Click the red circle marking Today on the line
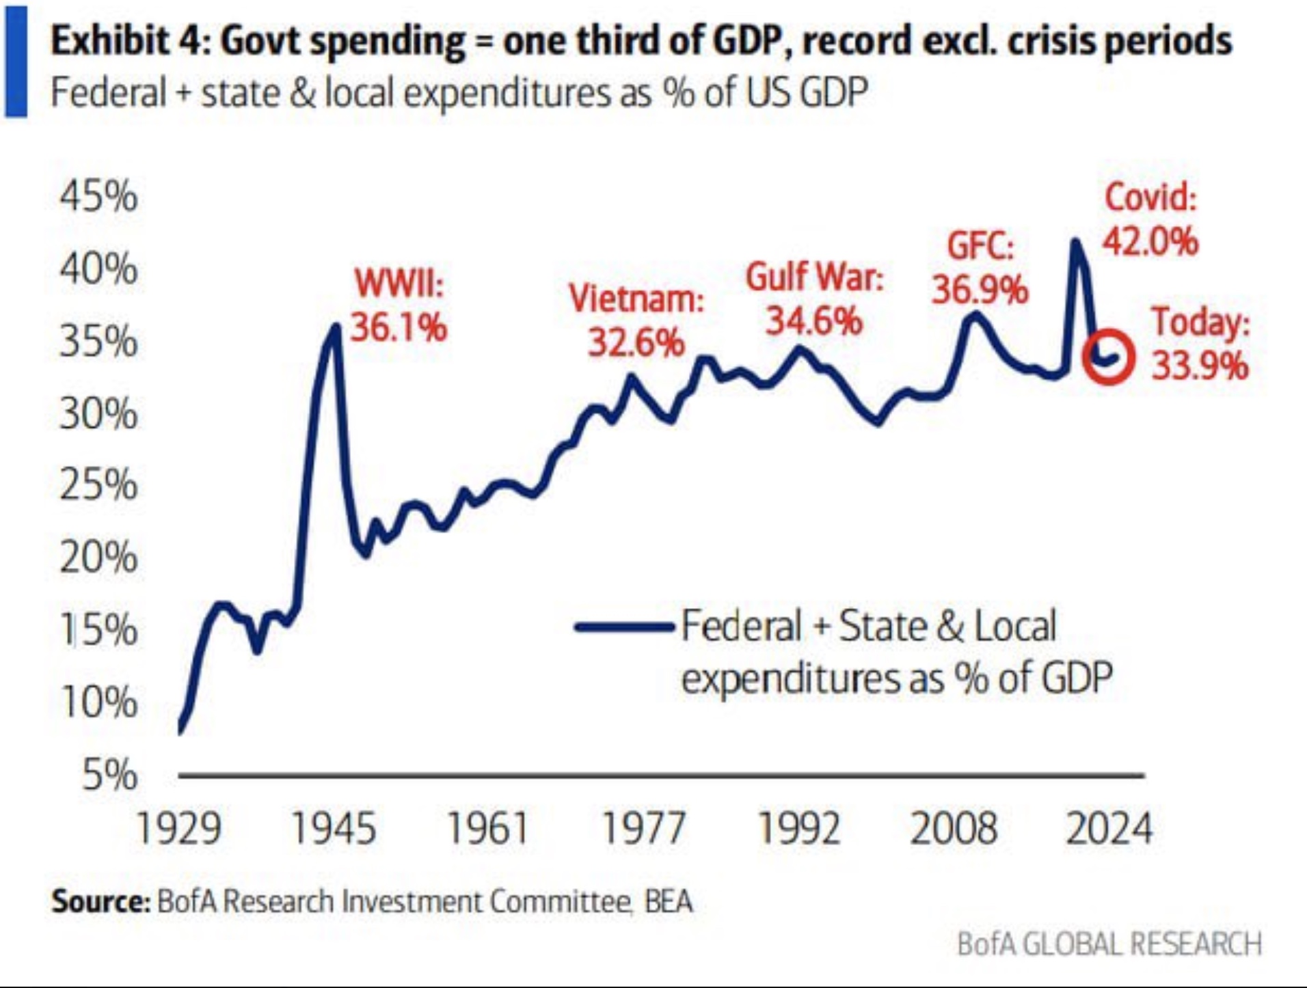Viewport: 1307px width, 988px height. click(1109, 356)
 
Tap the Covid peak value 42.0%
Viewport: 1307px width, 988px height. click(1150, 241)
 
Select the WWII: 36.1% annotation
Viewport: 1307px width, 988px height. click(399, 305)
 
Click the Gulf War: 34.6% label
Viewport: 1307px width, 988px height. click(814, 299)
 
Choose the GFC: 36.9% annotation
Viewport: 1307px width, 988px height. click(980, 267)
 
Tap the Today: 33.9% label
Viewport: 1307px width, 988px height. click(1200, 343)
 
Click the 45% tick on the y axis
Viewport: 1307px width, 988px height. click(98, 197)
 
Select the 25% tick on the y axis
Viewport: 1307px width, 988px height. click(98, 485)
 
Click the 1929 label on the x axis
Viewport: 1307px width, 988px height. click(178, 829)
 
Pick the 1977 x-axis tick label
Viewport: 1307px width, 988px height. click(643, 829)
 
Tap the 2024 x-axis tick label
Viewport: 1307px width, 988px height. click(1109, 829)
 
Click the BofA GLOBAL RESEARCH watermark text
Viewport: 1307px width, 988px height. click(1109, 944)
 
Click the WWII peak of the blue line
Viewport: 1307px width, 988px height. click(336, 326)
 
